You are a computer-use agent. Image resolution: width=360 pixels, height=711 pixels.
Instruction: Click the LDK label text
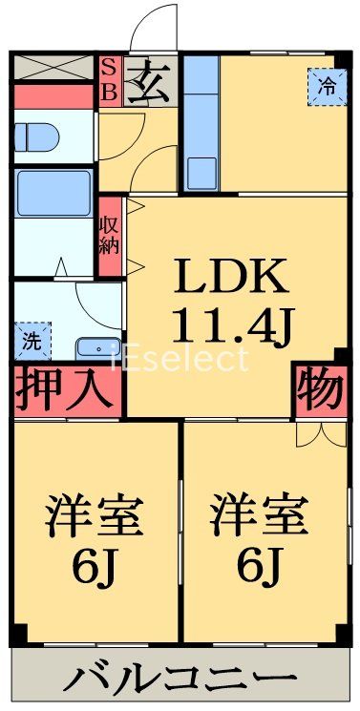229,278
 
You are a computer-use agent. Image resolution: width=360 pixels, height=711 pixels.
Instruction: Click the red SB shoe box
108,80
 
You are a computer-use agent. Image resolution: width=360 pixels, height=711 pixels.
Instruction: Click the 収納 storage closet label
108,235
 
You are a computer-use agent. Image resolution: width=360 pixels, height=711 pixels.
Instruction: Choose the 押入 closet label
68,390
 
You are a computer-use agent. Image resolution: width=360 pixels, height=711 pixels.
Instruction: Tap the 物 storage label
319,390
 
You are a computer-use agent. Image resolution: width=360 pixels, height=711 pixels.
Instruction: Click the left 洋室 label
95,516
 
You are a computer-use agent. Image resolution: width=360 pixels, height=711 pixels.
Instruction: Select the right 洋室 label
260,516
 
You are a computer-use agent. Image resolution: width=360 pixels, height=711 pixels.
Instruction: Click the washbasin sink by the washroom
97,347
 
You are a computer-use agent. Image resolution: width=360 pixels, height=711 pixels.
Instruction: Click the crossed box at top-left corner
54,68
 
